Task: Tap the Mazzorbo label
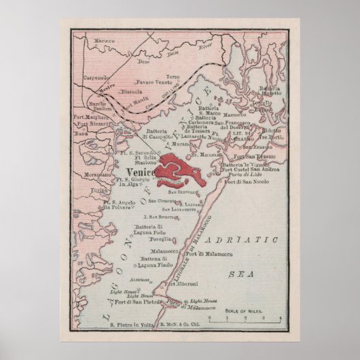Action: [x=254, y=116]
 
